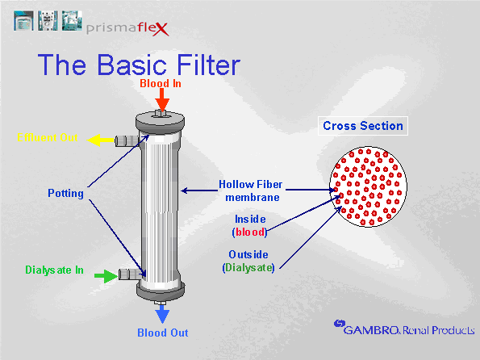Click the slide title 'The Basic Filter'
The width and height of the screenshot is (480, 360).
pyautogui.click(x=138, y=65)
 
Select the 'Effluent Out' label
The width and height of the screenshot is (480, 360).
pyautogui.click(x=48, y=137)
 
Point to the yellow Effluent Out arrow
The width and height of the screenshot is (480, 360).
pyautogui.click(x=100, y=140)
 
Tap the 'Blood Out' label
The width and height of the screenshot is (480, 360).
pyautogui.click(x=162, y=332)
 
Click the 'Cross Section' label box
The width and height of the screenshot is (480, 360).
pyautogui.click(x=362, y=126)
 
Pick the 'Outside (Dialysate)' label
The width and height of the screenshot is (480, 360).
pyautogui.click(x=248, y=260)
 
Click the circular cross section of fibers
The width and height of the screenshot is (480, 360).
pyautogui.click(x=370, y=185)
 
